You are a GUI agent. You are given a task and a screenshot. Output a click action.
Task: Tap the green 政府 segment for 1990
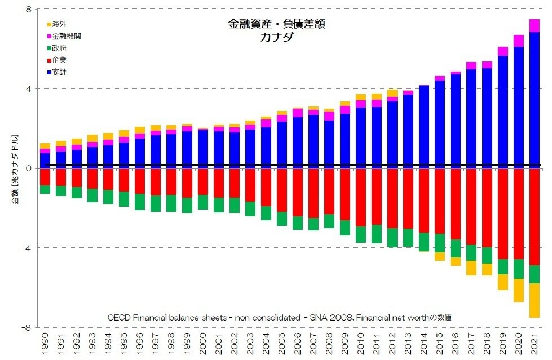(45, 189)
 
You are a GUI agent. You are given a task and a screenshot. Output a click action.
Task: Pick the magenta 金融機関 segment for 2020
(518, 41)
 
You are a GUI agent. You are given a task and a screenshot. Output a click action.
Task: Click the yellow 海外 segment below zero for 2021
(534, 300)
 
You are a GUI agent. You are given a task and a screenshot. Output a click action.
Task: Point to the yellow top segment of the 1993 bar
(92, 138)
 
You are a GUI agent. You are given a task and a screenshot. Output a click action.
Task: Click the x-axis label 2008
(329, 344)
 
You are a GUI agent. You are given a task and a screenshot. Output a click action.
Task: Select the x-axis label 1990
(46, 344)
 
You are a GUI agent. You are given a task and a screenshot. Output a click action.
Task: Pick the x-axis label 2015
(440, 344)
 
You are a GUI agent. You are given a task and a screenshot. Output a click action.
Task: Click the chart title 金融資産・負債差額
(276, 24)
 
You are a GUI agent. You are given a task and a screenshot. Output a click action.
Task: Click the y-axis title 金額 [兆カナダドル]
(17, 168)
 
